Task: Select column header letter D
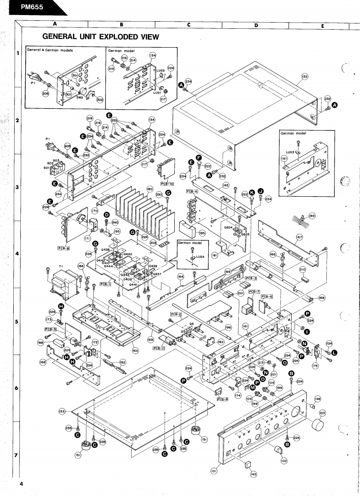tap(256, 25)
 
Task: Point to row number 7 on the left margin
tap(16, 455)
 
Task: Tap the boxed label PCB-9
tap(222, 400)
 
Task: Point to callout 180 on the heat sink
tap(150, 189)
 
